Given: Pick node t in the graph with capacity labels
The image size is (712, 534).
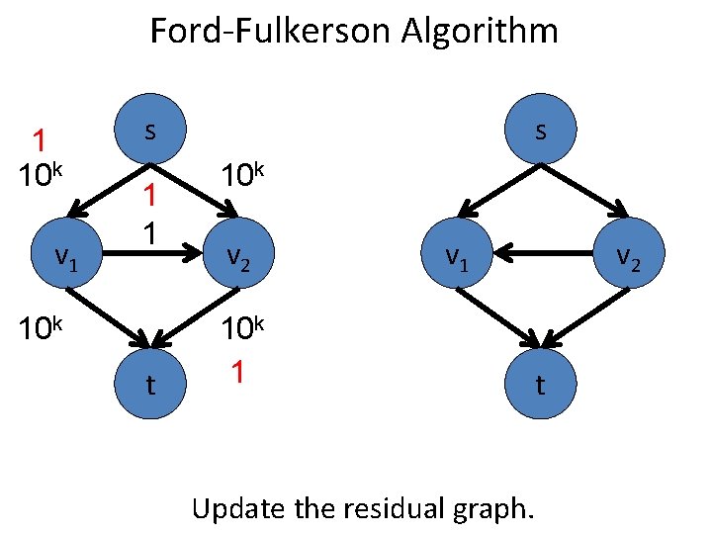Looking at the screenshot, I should [149, 385].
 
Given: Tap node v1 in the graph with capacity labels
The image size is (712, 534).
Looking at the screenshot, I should [66, 257].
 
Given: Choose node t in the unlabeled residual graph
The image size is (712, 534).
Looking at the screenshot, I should [539, 385].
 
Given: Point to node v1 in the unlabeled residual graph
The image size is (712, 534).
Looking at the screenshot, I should [456, 257].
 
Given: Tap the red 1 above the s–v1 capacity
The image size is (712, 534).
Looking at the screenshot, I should [39, 140].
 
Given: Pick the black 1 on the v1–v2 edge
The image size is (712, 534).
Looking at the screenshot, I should [149, 233].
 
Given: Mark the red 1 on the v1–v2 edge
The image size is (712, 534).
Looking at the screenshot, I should [149, 198].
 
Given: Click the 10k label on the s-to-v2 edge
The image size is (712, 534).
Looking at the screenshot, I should [241, 175].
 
